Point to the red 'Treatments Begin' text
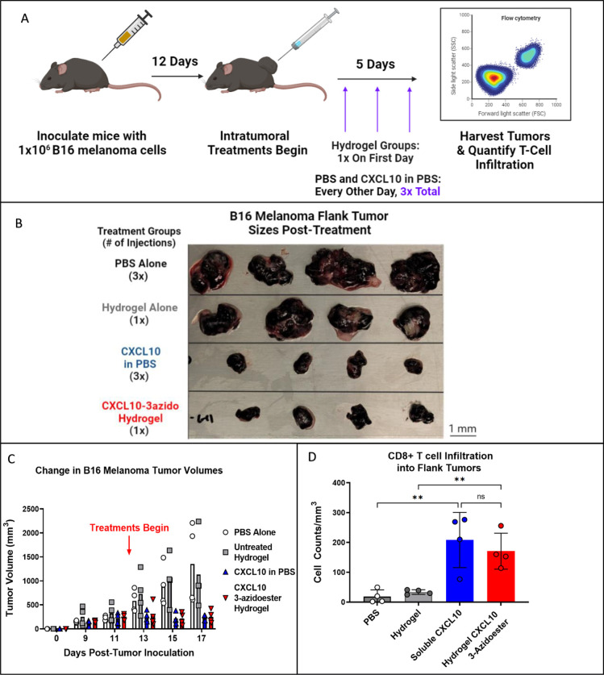pos(129,527)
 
